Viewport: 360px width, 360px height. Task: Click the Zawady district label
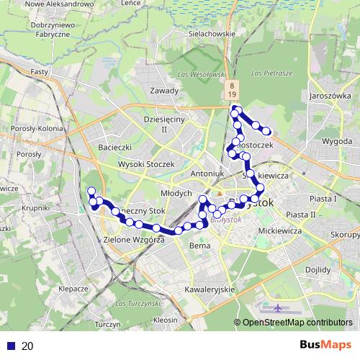[164, 91]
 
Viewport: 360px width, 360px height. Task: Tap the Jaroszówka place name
[328, 95]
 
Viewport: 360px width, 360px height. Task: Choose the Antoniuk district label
[209, 174]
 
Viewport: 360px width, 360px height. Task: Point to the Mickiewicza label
[279, 231]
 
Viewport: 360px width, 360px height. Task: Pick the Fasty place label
[40, 73]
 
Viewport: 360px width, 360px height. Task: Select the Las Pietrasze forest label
[272, 73]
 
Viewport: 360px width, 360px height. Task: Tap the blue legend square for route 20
[10, 346]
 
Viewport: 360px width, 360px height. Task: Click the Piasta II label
[300, 215]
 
